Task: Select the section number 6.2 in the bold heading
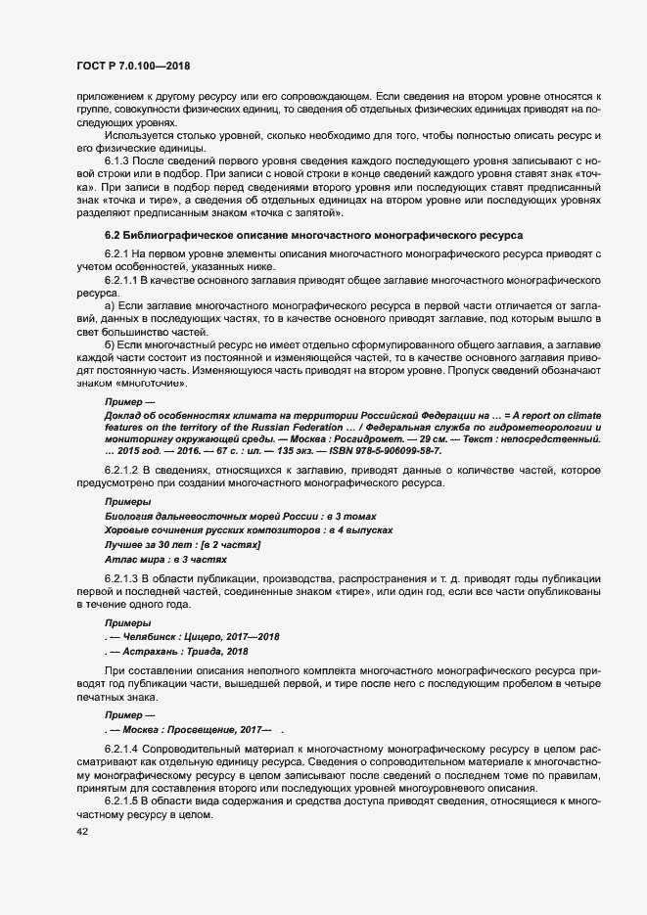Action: [x=113, y=236]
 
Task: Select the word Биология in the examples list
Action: [x=131, y=516]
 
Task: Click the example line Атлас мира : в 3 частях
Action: [x=165, y=560]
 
